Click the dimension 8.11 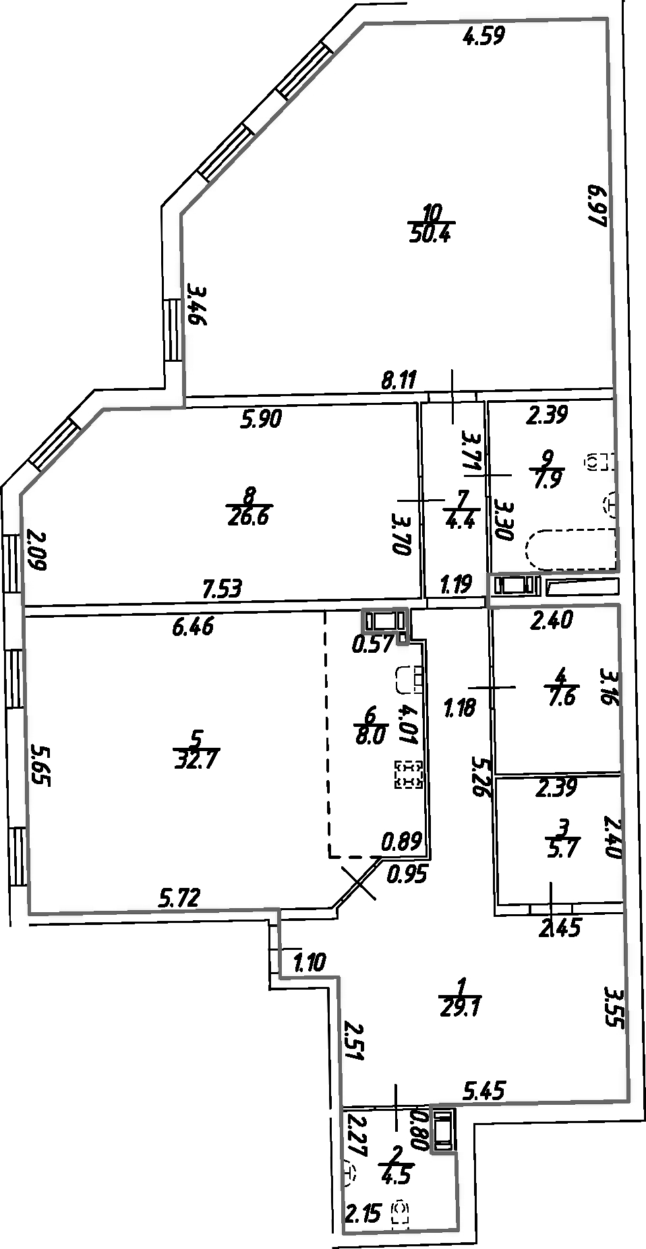[399, 381]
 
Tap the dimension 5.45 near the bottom [483, 1089]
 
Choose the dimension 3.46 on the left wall [196, 305]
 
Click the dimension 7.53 [223, 589]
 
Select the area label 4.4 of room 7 [461, 521]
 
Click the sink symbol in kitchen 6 [408, 678]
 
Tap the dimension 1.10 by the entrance [310, 963]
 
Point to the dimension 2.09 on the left [37, 550]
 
